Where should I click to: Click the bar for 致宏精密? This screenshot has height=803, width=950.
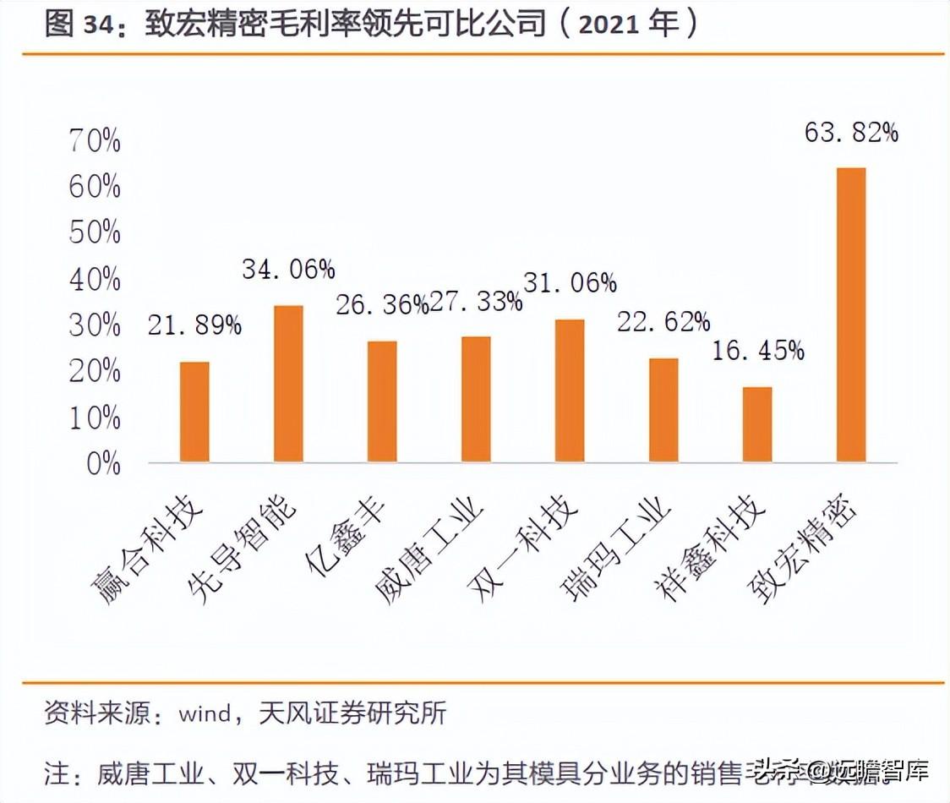point(850,314)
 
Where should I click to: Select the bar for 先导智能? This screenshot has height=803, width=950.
point(288,384)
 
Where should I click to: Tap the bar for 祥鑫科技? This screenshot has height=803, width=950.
point(756,424)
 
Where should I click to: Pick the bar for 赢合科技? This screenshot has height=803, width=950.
point(194,412)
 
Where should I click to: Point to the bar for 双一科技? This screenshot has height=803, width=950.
point(570,391)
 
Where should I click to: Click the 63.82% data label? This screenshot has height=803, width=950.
point(851,132)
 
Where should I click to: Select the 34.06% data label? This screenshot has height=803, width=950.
point(288,269)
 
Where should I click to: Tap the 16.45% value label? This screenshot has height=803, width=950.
point(757,350)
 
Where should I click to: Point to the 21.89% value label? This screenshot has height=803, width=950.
point(194,325)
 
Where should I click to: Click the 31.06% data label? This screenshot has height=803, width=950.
point(570,283)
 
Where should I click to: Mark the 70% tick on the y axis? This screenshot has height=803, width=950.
point(95,141)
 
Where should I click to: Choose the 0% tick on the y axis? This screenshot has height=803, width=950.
point(103,463)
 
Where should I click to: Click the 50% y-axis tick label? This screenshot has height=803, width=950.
point(95,233)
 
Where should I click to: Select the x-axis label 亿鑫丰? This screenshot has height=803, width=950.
point(347,533)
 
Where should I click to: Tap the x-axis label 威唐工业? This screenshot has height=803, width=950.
point(432,549)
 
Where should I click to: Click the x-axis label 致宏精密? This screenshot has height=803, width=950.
point(806,549)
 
